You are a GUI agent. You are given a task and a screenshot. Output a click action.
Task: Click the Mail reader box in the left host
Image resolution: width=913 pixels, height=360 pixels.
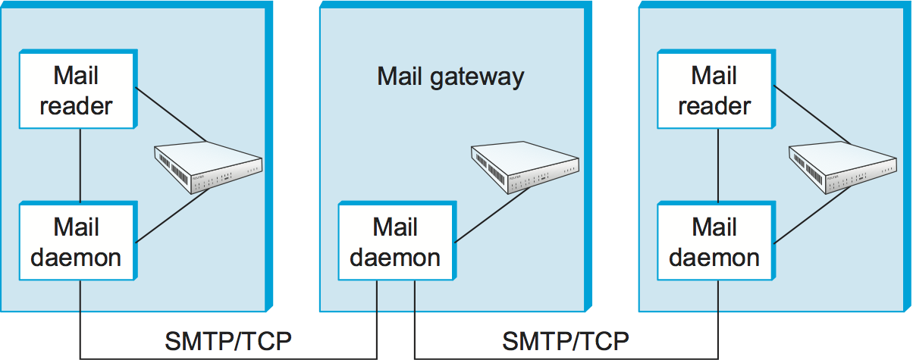(x=77, y=90)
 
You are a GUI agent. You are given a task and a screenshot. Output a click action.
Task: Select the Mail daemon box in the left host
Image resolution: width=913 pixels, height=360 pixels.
(x=77, y=242)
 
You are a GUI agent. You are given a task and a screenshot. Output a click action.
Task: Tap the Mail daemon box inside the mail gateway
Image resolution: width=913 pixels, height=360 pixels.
(x=396, y=242)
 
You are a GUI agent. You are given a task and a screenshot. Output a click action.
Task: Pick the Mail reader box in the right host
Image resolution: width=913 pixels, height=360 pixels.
(x=715, y=90)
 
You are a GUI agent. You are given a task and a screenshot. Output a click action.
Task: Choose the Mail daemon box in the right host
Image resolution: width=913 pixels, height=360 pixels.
(x=715, y=242)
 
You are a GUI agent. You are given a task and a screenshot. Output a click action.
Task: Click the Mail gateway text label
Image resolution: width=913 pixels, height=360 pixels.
(x=450, y=77)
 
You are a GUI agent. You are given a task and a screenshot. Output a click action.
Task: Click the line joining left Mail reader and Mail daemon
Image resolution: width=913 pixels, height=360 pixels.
(x=80, y=166)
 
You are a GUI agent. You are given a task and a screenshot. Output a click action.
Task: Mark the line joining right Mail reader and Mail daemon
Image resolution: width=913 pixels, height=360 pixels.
(x=718, y=166)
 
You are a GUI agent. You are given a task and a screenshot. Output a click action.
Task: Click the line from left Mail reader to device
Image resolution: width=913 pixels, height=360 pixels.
(x=171, y=114)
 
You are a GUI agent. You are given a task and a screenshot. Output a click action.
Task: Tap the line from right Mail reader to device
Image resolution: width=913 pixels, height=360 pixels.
(x=808, y=114)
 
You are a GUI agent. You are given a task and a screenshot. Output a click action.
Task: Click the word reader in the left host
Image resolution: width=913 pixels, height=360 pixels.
(x=77, y=105)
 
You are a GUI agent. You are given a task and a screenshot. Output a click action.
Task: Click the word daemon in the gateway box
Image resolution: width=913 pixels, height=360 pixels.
(x=396, y=257)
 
